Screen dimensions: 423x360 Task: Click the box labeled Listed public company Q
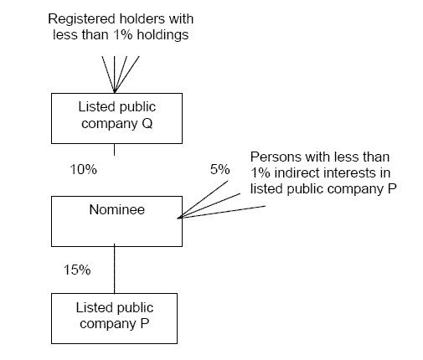116,118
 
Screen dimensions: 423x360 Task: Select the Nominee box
116,221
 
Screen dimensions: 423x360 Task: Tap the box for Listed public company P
114,318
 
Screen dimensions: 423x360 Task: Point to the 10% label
83,169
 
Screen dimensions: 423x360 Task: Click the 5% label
220,169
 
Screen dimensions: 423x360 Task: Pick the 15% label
77,270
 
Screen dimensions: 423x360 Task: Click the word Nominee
117,209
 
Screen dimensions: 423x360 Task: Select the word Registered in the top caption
81,19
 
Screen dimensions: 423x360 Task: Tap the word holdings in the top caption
162,35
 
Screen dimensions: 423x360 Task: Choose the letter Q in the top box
147,124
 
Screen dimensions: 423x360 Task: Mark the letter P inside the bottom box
145,324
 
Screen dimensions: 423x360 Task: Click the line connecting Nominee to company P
114,269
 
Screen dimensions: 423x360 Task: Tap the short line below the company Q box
114,150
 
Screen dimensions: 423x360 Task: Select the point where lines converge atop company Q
115,92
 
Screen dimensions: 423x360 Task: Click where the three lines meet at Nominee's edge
179,218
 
